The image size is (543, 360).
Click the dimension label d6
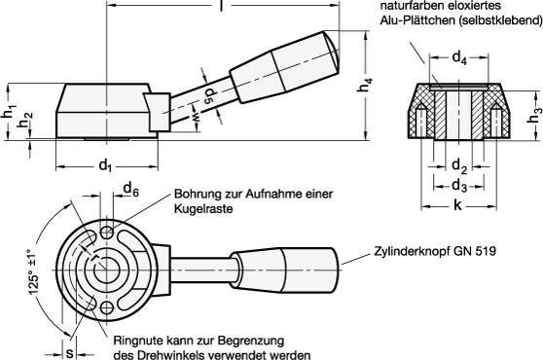[129, 192]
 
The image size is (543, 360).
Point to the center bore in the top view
[106, 264]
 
